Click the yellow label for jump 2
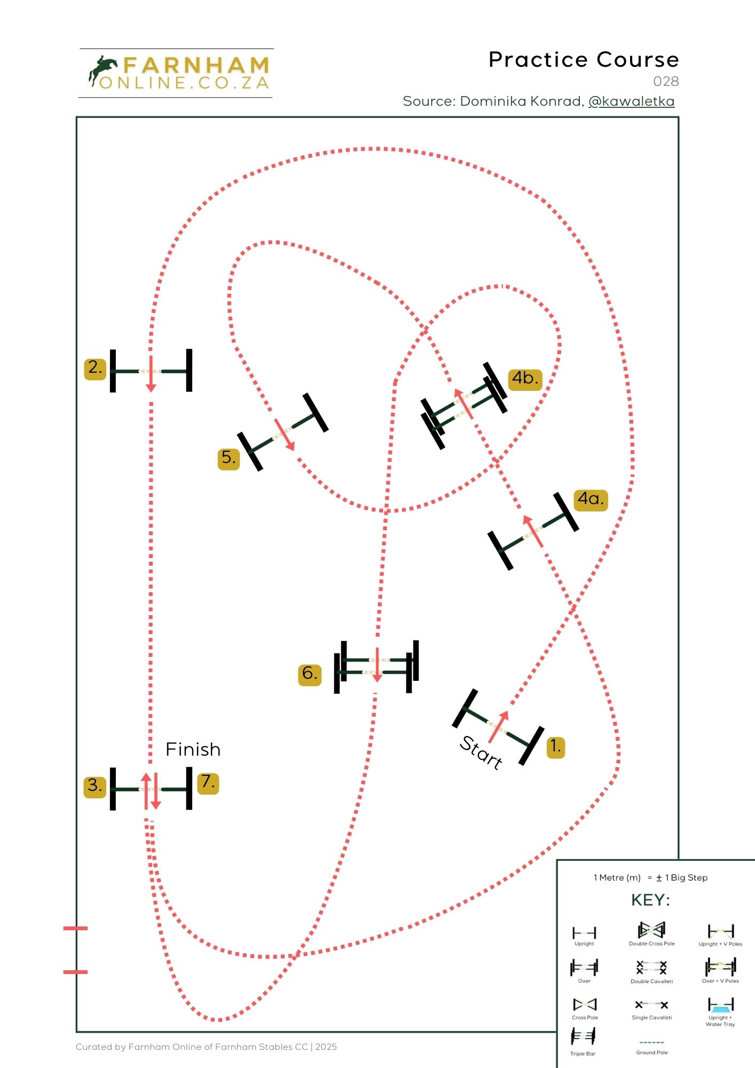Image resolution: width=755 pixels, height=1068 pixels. pos(95,368)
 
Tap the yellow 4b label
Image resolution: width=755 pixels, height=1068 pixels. pos(525,379)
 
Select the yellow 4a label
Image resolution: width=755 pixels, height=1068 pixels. pos(591,500)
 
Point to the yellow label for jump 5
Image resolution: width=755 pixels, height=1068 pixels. pos(229,458)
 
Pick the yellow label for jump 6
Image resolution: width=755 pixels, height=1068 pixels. pos(310,674)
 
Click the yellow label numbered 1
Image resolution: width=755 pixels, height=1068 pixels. pos(556,747)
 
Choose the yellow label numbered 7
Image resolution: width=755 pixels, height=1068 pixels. pos(208,783)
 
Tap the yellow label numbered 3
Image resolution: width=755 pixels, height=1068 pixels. pos(95,786)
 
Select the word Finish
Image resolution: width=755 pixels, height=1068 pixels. pos(193,750)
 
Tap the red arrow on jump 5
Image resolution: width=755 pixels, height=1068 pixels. pos(285,435)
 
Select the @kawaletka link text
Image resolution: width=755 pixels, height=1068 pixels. pos(631,101)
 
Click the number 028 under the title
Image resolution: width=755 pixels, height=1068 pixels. pos(666,82)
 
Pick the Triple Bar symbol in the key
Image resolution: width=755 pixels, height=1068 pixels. pos(583,1037)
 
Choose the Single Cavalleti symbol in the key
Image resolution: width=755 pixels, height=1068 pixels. pos(651,1005)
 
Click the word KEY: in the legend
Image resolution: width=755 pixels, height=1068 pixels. pos(650,901)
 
